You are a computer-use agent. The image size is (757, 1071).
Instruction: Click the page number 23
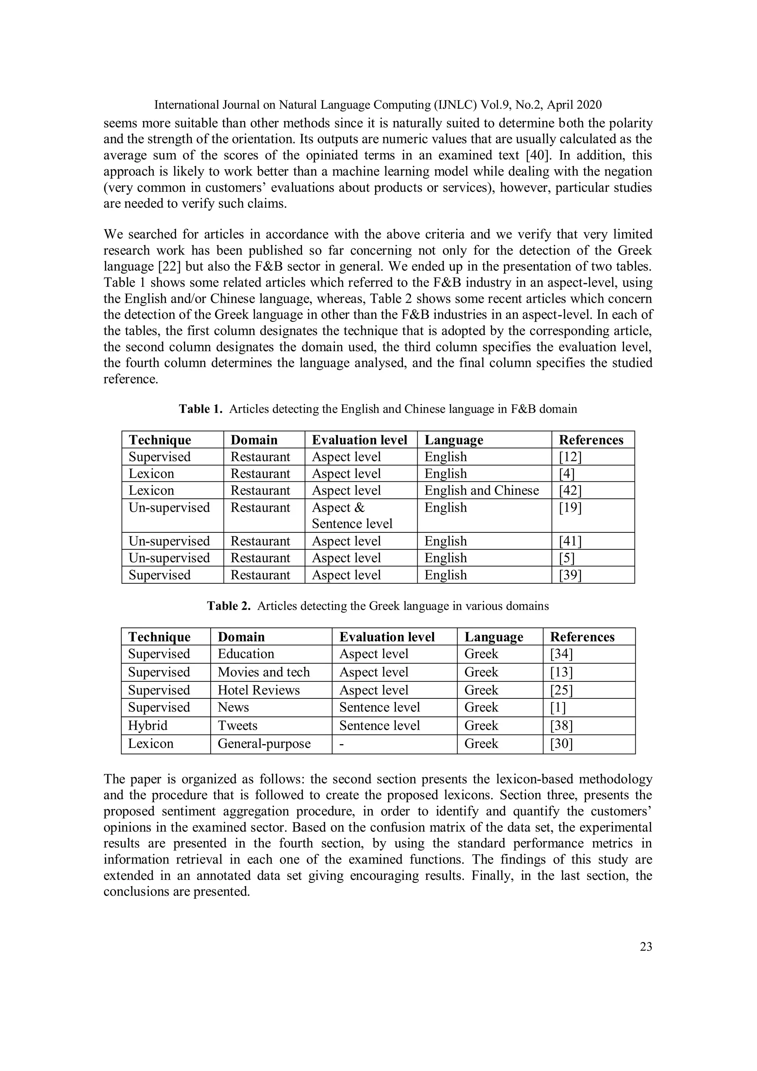(x=645, y=946)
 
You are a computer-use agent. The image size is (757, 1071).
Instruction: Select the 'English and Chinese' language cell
(x=481, y=490)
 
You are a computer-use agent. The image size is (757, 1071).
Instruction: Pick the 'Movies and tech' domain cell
(x=264, y=672)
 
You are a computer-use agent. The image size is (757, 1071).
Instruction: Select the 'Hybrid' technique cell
(x=147, y=725)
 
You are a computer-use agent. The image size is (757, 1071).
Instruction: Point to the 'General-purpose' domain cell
(x=264, y=743)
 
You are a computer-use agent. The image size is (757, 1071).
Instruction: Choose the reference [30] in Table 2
(x=561, y=743)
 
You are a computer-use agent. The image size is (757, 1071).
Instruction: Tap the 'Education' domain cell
(x=246, y=654)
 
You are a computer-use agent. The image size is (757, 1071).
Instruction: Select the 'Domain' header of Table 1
(x=254, y=440)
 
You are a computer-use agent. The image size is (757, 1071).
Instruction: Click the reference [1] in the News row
(x=557, y=707)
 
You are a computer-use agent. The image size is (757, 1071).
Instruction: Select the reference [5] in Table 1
(x=567, y=558)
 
